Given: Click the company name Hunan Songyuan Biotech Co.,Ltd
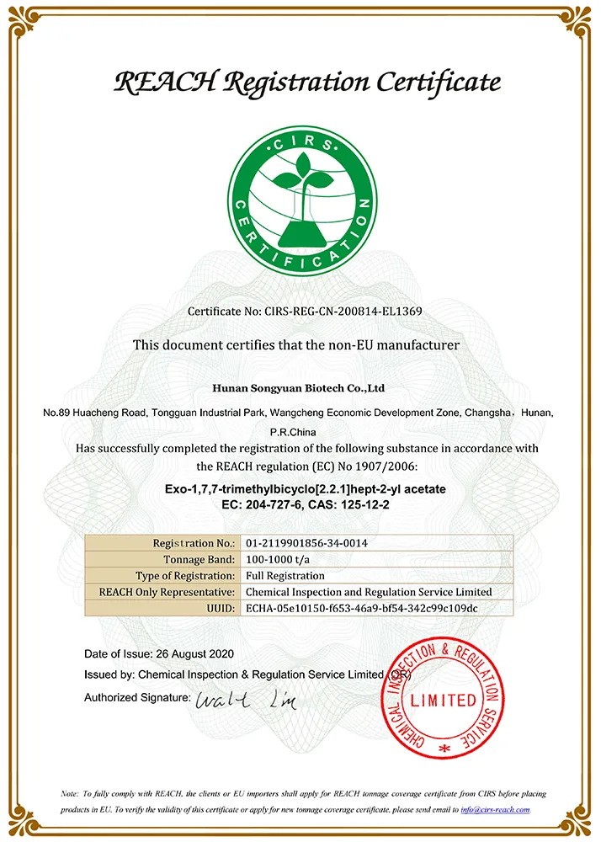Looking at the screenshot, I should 300,388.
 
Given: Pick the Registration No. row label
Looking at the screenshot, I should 193,543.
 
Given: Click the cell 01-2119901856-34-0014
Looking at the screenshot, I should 306,543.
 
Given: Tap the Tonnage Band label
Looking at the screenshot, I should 199,559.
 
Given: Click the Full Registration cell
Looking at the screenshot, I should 285,576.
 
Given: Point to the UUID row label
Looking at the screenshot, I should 218,608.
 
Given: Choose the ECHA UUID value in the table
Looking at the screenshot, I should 361,608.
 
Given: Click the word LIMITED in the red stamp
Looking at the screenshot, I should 444,700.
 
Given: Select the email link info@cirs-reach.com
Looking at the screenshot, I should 495,810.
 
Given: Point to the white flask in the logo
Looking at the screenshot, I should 300,227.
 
